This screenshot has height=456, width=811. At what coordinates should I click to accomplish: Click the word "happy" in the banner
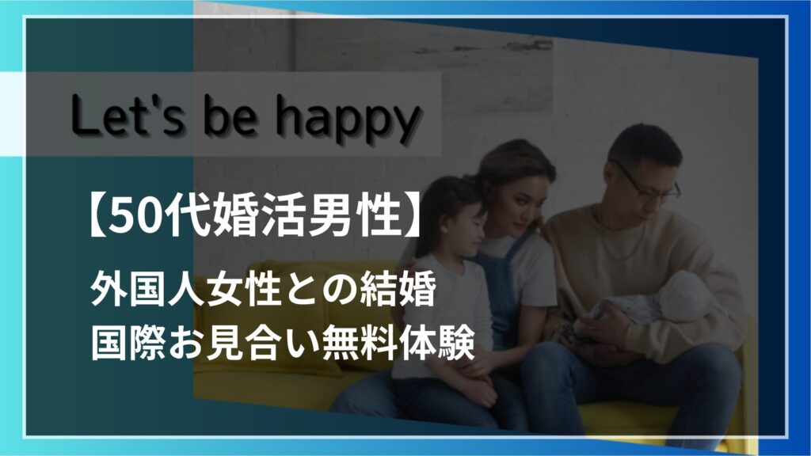tap(347, 121)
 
